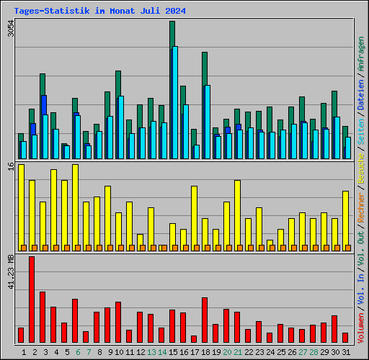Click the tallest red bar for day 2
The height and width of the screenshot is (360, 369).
pos(32,299)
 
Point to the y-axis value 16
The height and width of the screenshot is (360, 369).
pos(10,166)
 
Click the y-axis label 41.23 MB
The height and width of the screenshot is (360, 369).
pos(10,270)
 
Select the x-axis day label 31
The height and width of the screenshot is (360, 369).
pos(345,352)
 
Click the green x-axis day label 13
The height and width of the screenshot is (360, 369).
pos(151,352)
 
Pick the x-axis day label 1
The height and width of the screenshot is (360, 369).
pos(24,352)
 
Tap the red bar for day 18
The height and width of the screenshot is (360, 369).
pos(205,320)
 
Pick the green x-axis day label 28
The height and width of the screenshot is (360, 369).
pos(313,352)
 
